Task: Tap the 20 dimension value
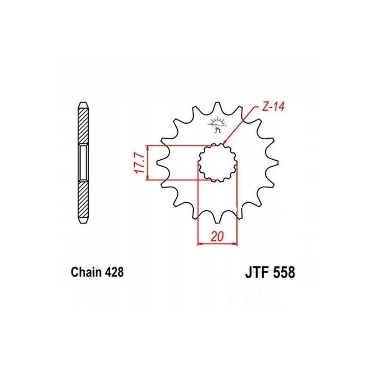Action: click(217, 236)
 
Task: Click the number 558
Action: click(283, 273)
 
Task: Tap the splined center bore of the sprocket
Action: click(217, 163)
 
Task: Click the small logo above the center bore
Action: click(217, 123)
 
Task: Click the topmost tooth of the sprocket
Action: click(217, 105)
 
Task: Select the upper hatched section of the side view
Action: click(83, 125)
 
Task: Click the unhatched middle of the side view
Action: click(83, 163)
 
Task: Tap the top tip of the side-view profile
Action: click(83, 102)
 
